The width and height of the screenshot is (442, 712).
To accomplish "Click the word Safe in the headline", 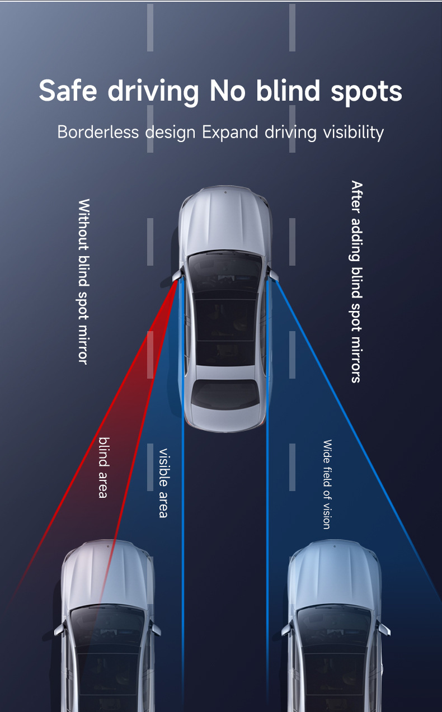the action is click(68, 91).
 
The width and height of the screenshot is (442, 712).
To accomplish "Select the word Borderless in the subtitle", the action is click(98, 132).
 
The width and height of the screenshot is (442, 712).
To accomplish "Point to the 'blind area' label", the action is click(104, 467).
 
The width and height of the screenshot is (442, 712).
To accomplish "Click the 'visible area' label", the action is click(163, 483).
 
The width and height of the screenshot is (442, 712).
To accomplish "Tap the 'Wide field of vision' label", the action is click(327, 484).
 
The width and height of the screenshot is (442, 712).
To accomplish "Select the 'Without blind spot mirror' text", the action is click(84, 282).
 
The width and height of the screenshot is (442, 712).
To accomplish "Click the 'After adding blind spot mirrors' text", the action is click(357, 282).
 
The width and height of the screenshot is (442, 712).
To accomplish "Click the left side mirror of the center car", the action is click(177, 275).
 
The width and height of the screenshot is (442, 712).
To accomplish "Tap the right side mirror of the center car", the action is click(273, 275).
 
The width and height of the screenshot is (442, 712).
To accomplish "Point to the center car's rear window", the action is click(225, 394).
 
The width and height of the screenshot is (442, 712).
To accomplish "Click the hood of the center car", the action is click(225, 219).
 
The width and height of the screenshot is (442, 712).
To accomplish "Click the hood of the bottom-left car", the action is click(108, 576).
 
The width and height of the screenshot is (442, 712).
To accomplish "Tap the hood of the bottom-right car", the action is click(335, 576).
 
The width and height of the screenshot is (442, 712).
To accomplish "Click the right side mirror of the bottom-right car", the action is click(384, 629).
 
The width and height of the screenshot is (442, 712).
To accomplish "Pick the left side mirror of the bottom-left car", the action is click(59, 630).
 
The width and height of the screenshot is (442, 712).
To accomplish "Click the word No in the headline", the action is click(227, 91).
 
